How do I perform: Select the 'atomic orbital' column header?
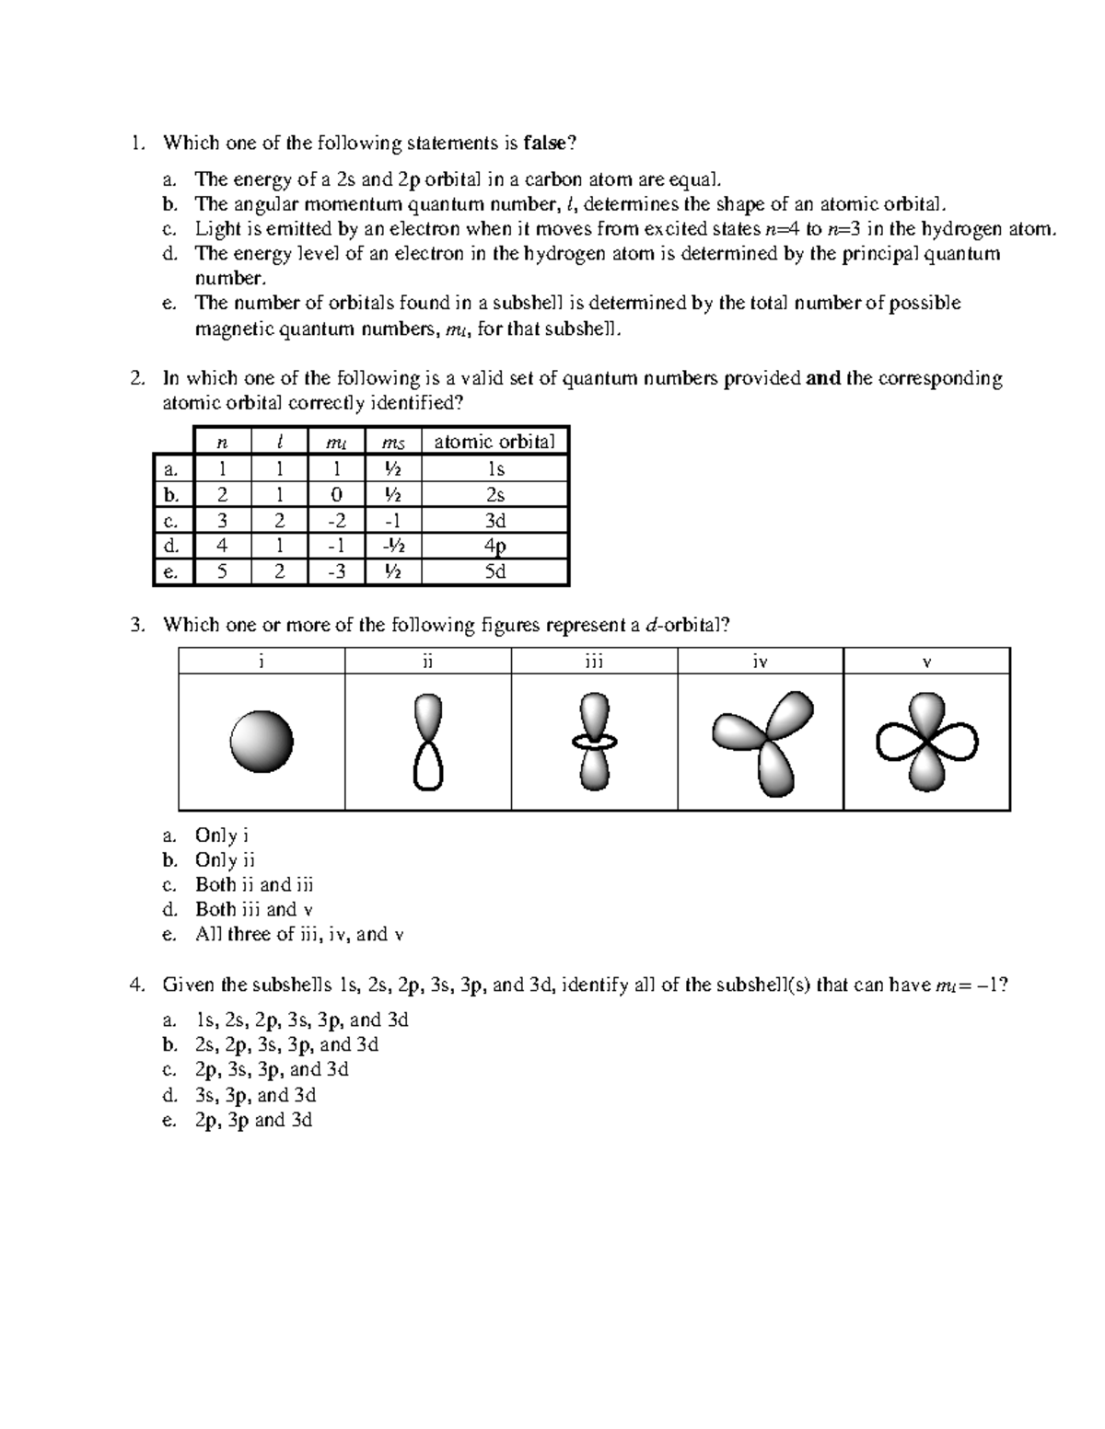pyautogui.click(x=494, y=442)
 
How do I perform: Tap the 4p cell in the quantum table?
pyautogui.click(x=494, y=547)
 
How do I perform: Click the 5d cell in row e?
pyautogui.click(x=494, y=571)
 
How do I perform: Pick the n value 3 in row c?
pyautogui.click(x=221, y=521)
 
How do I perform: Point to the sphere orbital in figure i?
pyautogui.click(x=262, y=742)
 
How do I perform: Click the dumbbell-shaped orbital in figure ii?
pyautogui.click(x=428, y=742)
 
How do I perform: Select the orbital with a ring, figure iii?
pyautogui.click(x=594, y=742)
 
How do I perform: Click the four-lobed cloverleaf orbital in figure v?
pyautogui.click(x=927, y=742)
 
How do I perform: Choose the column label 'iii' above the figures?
pyautogui.click(x=594, y=661)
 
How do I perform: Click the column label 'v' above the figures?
pyautogui.click(x=927, y=662)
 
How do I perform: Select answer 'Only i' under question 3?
pyautogui.click(x=222, y=836)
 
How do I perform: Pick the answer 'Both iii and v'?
pyautogui.click(x=254, y=909)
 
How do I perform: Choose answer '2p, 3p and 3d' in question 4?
pyautogui.click(x=253, y=1120)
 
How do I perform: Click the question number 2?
pyautogui.click(x=137, y=378)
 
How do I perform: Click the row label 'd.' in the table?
pyautogui.click(x=171, y=546)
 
